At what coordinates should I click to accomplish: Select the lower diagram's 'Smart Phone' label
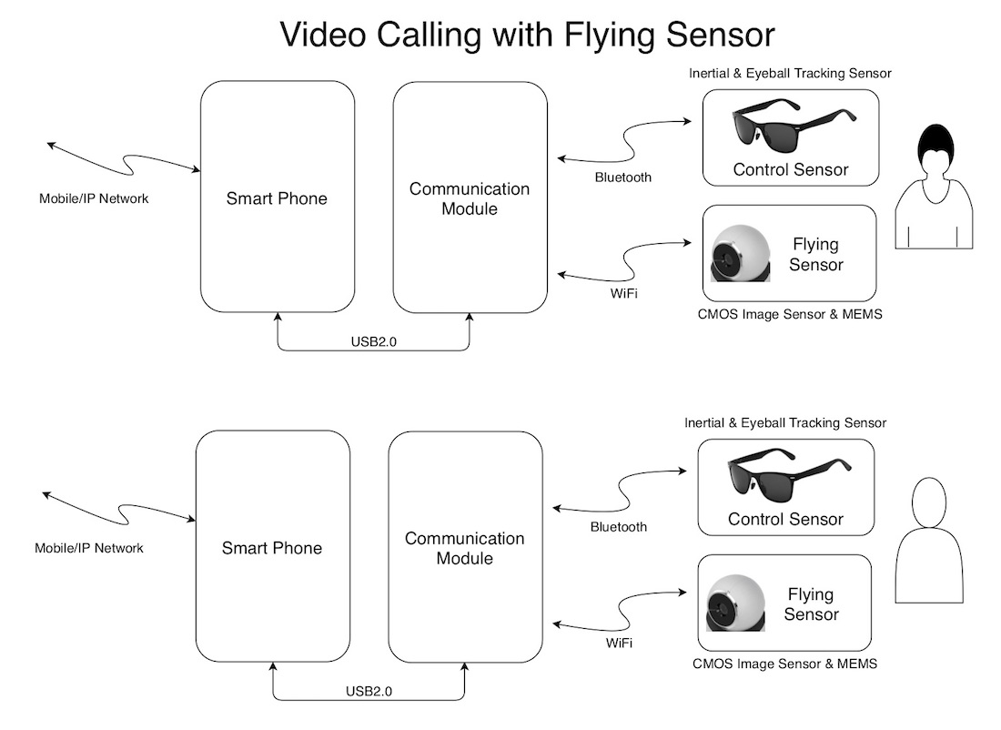(272, 548)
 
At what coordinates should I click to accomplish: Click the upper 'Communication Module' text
(469, 198)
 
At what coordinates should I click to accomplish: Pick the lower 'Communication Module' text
(464, 548)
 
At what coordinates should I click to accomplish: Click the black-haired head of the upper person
(935, 147)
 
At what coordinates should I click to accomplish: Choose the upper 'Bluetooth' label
(623, 177)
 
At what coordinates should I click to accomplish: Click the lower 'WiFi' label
(619, 644)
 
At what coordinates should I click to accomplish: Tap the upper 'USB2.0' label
(373, 342)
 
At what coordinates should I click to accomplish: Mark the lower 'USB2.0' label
(369, 692)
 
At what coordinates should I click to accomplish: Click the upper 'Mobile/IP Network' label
(94, 198)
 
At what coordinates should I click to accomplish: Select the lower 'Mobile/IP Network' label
(89, 548)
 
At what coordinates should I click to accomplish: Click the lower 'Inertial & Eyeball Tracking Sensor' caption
(785, 422)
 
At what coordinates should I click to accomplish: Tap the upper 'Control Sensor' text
(791, 169)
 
